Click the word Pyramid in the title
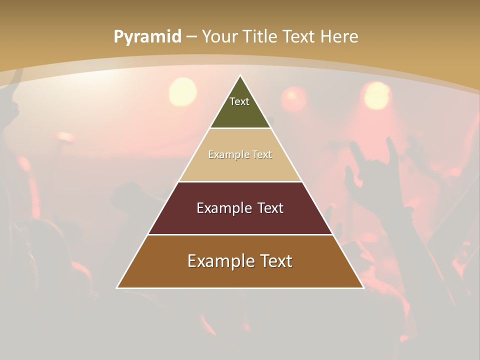(147, 37)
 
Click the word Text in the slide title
(299, 36)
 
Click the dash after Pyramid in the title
(191, 37)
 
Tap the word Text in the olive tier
(239, 101)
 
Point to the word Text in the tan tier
(262, 154)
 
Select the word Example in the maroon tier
(223, 208)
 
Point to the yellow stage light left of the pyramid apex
(182, 91)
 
